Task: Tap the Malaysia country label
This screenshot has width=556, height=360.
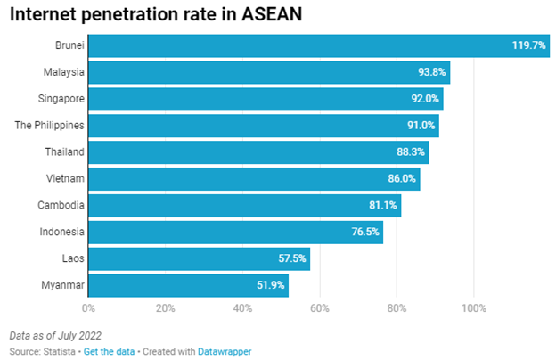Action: click(63, 72)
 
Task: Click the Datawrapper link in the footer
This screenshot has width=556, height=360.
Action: click(225, 351)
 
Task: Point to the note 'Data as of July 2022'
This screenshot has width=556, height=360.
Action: click(55, 336)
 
